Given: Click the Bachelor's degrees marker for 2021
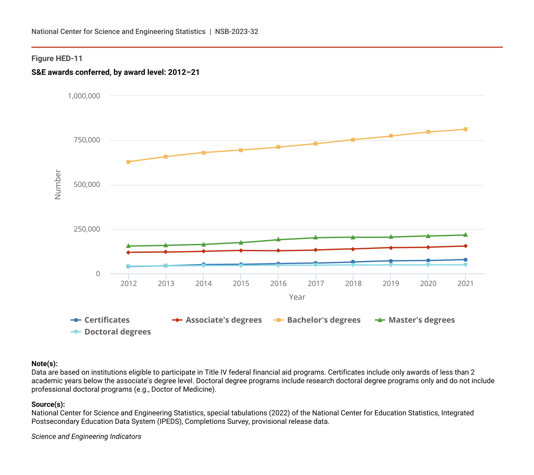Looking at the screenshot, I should (465, 129).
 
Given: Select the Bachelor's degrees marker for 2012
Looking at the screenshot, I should (128, 162).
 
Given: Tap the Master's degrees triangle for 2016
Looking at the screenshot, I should (278, 240).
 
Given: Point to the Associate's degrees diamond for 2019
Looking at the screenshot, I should (391, 248).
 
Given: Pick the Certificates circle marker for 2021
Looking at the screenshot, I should (465, 260).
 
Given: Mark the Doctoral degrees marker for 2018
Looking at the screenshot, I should (353, 265).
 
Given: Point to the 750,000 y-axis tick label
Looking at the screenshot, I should (87, 140).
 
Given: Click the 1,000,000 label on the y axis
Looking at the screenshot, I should (84, 96).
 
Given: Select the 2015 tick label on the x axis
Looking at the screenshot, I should (241, 284).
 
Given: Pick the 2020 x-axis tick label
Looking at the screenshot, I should (428, 284).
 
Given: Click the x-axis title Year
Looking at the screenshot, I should (297, 297).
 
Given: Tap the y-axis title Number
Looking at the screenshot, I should (58, 184).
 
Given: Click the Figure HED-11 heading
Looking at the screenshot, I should (57, 59).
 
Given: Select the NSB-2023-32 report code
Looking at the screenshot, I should (237, 32).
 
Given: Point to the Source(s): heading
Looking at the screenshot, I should (48, 404).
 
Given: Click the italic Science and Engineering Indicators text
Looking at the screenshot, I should (86, 437).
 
